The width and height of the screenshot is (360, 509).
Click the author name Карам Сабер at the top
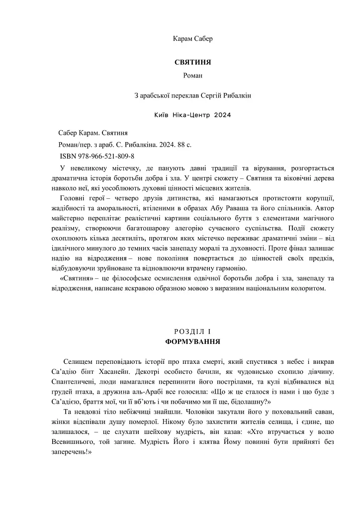point(193,38)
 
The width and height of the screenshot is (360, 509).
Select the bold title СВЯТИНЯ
point(193,63)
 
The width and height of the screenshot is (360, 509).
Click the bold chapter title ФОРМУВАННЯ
point(193,342)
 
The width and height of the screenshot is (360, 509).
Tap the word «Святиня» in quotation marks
point(75,279)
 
